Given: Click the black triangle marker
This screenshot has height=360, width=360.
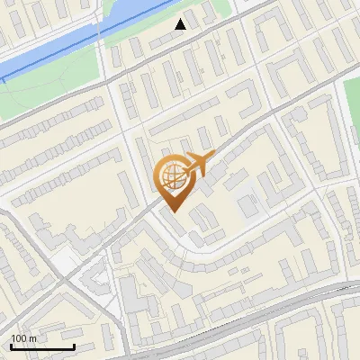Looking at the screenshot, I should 181,24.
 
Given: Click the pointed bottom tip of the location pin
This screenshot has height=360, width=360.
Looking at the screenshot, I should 173,211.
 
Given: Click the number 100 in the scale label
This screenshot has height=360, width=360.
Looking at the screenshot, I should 20,338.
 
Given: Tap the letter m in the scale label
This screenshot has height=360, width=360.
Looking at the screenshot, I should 33,338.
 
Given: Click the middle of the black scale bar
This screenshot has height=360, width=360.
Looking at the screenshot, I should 42,346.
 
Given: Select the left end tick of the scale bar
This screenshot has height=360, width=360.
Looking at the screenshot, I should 11,345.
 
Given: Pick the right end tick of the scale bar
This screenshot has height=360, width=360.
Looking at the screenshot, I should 74,345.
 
